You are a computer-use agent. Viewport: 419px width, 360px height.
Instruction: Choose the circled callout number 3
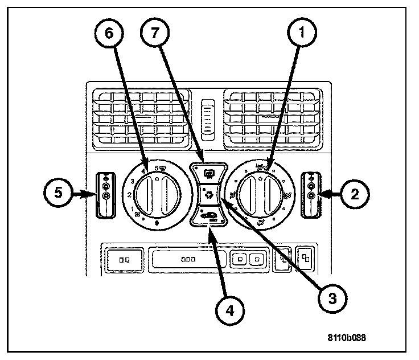point(331,296)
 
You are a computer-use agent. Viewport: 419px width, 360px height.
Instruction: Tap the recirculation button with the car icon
point(209,217)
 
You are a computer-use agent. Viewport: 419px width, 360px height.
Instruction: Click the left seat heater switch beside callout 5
point(106,194)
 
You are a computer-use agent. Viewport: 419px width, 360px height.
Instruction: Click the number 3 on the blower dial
point(132,181)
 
